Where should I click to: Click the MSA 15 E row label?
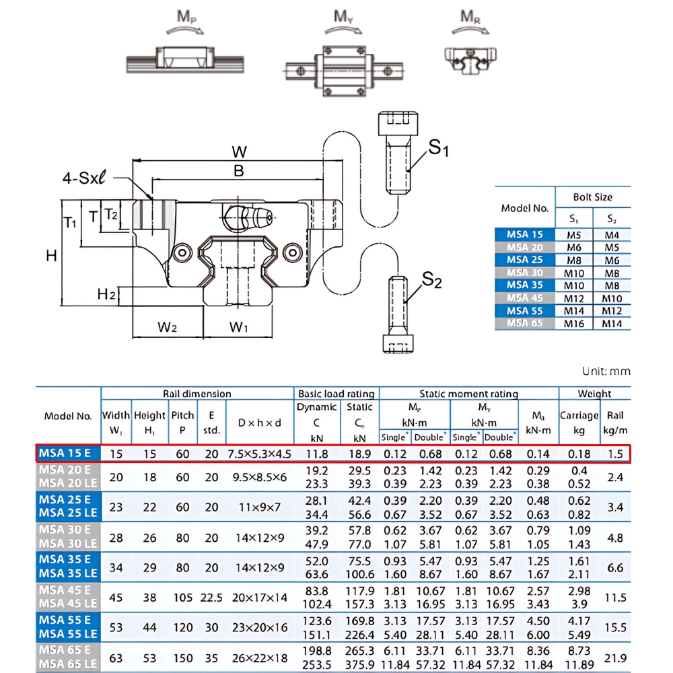pyautogui.click(x=67, y=454)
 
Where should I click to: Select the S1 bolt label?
pyautogui.click(x=439, y=147)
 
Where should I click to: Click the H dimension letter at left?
pyautogui.click(x=51, y=255)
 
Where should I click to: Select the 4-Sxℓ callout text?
pyautogui.click(x=85, y=178)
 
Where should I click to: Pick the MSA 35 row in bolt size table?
pyautogui.click(x=524, y=285)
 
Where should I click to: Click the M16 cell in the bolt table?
pyautogui.click(x=573, y=323)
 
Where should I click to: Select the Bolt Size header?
pyautogui.click(x=592, y=197)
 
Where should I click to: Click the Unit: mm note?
pyautogui.click(x=606, y=371)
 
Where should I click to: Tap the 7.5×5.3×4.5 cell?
pyautogui.click(x=260, y=454)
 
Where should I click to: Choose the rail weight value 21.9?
pyautogui.click(x=615, y=658)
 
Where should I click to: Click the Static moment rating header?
pyautogui.click(x=468, y=394)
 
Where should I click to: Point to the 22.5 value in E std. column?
pyautogui.click(x=211, y=597)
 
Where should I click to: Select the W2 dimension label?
pyautogui.click(x=167, y=327)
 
